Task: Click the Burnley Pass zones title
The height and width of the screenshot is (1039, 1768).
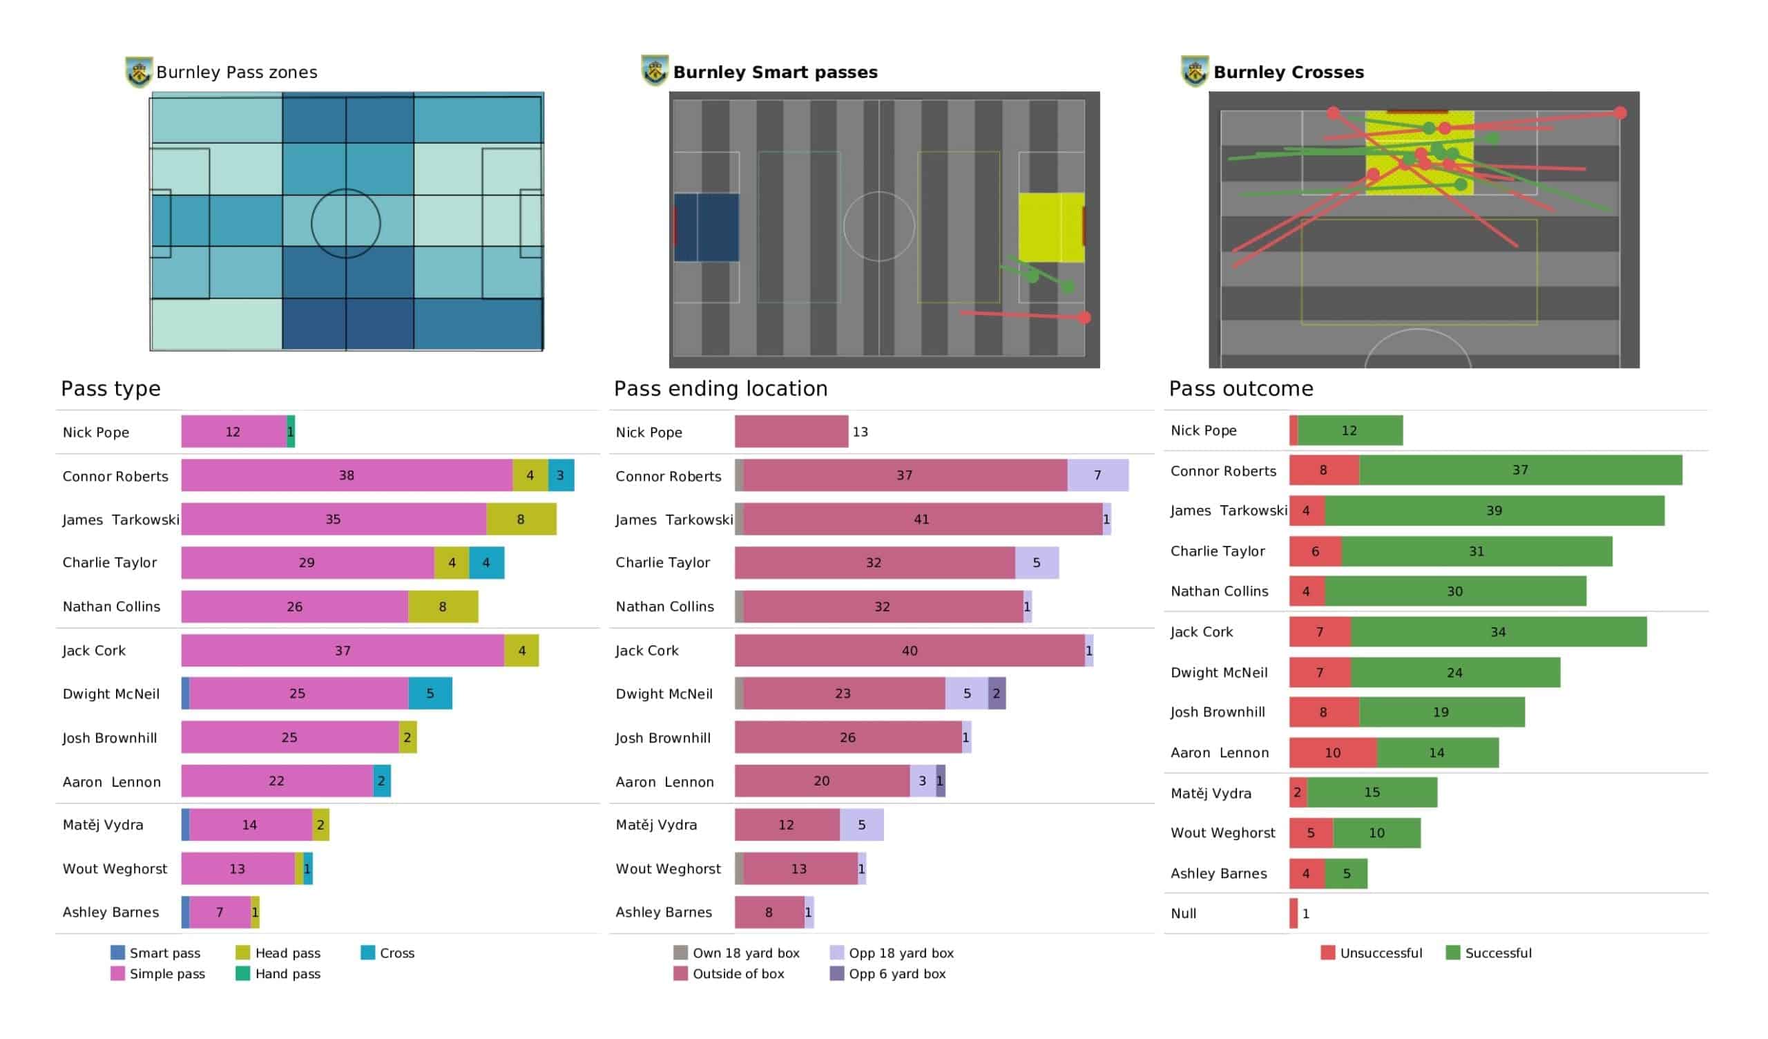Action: click(x=236, y=73)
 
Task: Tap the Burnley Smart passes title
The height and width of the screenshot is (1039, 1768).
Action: click(x=776, y=73)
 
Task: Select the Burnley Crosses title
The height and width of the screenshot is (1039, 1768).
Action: click(x=1289, y=73)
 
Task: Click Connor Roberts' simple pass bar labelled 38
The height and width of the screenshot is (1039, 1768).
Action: click(x=347, y=475)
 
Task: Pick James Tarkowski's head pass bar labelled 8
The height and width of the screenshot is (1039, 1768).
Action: click(x=521, y=519)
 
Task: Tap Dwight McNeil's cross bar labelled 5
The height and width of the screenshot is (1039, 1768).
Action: click(x=430, y=693)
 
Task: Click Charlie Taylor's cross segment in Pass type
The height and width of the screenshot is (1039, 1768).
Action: click(x=486, y=562)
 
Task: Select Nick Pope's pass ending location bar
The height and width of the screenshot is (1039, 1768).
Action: click(x=791, y=431)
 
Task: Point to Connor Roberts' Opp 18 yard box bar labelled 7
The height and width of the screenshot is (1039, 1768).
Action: click(x=1098, y=475)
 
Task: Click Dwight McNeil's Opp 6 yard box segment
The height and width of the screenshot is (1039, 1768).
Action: click(x=997, y=693)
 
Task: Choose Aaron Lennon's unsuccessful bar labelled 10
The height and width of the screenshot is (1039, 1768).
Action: click(x=1333, y=752)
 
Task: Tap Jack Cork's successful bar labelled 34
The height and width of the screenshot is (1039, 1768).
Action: click(x=1499, y=632)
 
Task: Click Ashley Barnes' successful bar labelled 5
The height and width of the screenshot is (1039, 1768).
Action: click(x=1346, y=873)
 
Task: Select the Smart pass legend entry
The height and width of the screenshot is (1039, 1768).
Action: click(x=156, y=953)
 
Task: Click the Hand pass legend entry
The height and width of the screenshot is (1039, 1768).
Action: click(x=278, y=973)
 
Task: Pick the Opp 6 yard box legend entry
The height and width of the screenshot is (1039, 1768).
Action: click(x=888, y=973)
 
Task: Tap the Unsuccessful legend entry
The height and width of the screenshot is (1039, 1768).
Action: click(x=1372, y=953)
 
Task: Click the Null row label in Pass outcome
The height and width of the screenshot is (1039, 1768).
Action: click(x=1184, y=913)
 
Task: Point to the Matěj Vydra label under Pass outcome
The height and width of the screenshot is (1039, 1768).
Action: click(x=1211, y=793)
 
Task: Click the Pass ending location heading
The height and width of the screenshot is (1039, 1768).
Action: click(x=720, y=388)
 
